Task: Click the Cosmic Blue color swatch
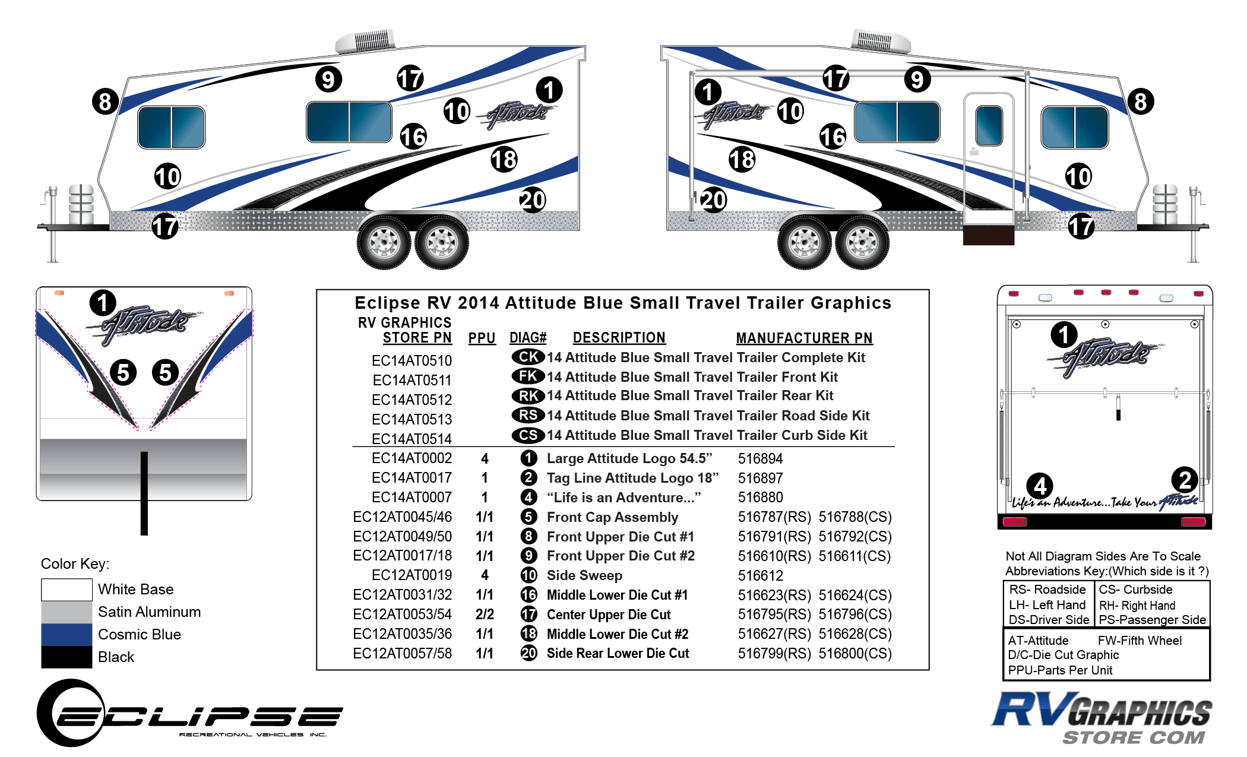click(x=67, y=634)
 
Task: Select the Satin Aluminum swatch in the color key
click(x=67, y=612)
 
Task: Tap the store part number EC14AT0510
click(x=412, y=360)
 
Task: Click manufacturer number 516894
click(x=760, y=458)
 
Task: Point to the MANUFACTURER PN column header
click(x=804, y=338)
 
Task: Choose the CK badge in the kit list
click(x=528, y=357)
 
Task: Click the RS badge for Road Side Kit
click(x=528, y=415)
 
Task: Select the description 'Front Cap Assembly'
click(x=612, y=517)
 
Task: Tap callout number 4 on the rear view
click(x=1040, y=486)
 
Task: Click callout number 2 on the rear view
click(x=1185, y=480)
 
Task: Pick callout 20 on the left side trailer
click(x=533, y=200)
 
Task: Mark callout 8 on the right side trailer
click(x=1140, y=102)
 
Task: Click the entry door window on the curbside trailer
click(x=989, y=125)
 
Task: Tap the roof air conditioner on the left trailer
click(x=366, y=42)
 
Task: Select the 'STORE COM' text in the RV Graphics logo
click(x=1134, y=737)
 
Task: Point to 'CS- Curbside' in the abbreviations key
click(x=1135, y=590)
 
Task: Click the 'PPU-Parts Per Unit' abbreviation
click(x=1060, y=670)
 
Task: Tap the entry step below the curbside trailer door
click(x=988, y=235)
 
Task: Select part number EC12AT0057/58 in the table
click(x=402, y=654)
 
